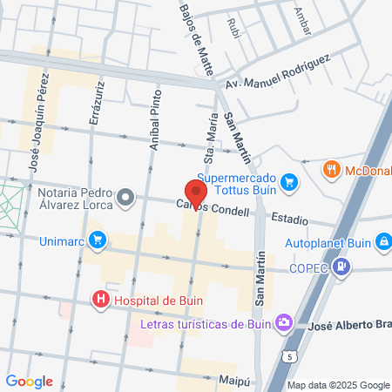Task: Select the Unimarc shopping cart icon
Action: click(x=98, y=239)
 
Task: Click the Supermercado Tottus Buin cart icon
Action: click(x=290, y=183)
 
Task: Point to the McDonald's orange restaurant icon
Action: click(x=331, y=169)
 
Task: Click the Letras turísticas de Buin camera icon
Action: click(x=283, y=324)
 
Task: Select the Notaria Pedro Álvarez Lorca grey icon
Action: click(x=126, y=199)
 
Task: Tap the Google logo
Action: click(x=29, y=381)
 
